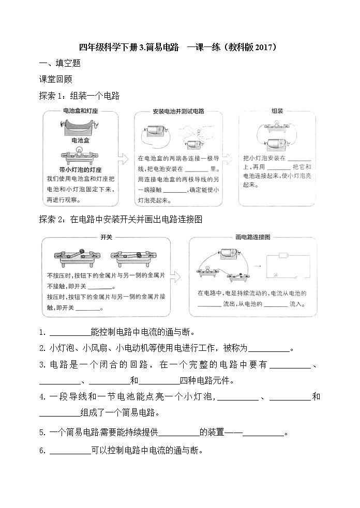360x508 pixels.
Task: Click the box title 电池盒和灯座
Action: (x=80, y=111)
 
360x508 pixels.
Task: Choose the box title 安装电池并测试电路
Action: (x=178, y=111)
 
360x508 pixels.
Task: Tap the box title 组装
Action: (x=277, y=111)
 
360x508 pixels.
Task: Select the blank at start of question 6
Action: (x=70, y=450)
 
